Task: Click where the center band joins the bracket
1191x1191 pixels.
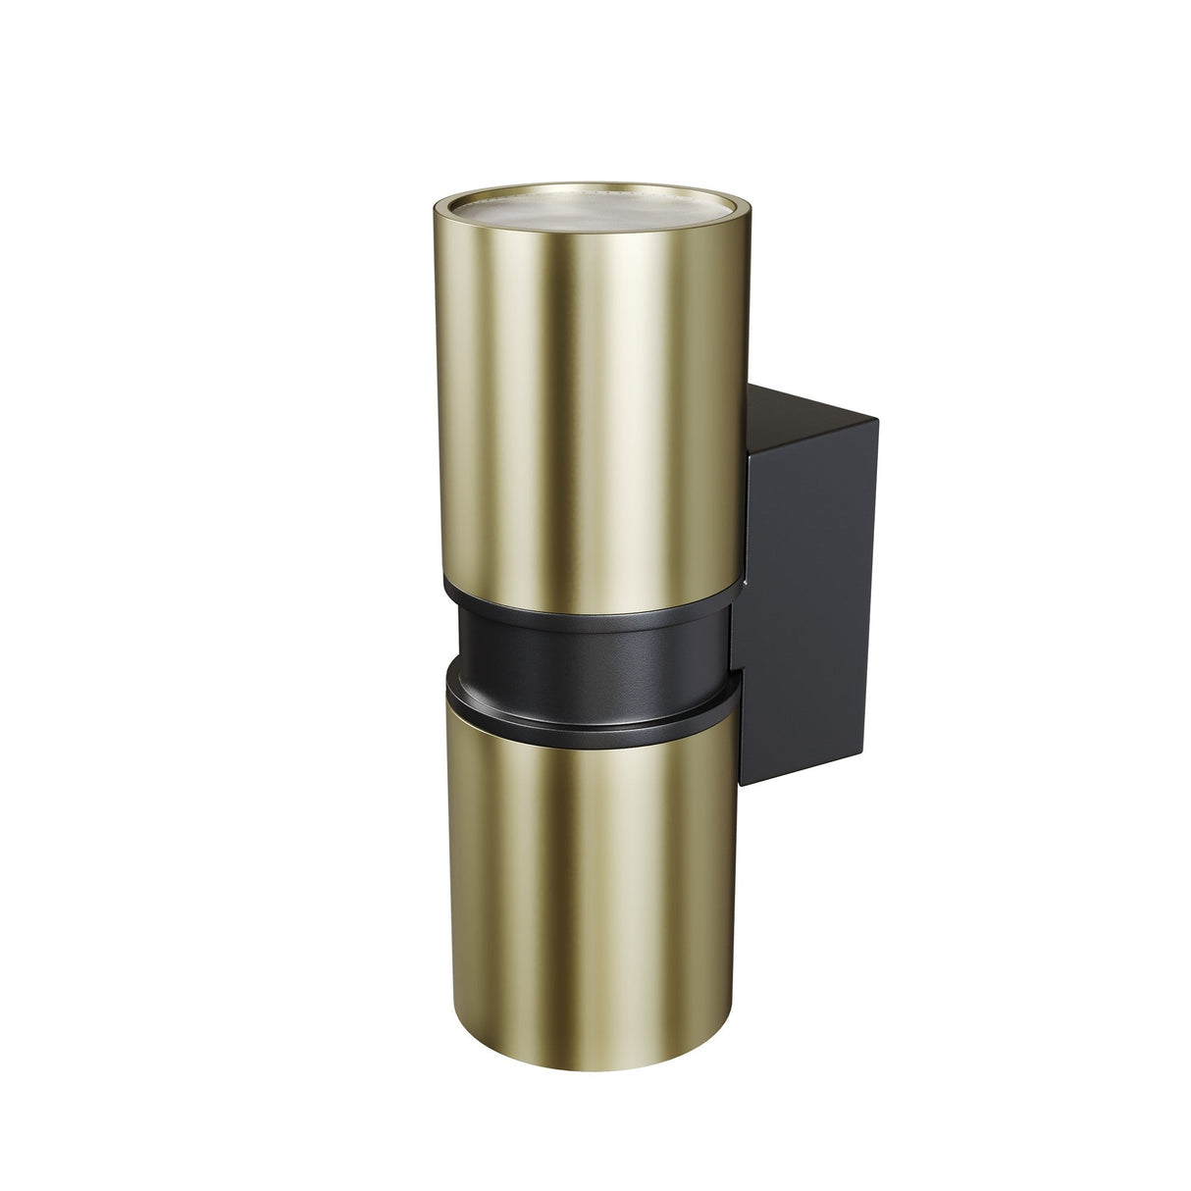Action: pos(730,638)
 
